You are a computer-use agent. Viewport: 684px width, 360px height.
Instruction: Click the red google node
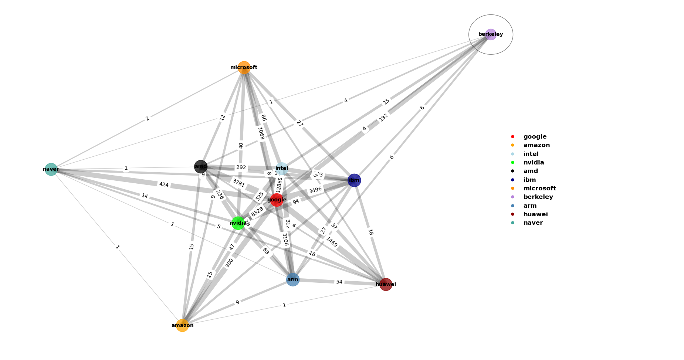pyautogui.click(x=277, y=200)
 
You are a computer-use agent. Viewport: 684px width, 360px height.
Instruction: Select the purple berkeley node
pyautogui.click(x=491, y=34)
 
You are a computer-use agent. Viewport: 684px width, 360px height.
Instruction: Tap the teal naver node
pyautogui.click(x=51, y=169)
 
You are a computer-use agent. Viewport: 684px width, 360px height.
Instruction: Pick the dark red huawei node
pyautogui.click(x=386, y=284)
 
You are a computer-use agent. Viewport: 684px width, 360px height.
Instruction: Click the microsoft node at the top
pyautogui.click(x=244, y=67)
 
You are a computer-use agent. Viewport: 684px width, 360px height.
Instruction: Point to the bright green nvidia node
pyautogui.click(x=238, y=223)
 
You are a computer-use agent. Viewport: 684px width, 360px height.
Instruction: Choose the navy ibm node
pyautogui.click(x=354, y=180)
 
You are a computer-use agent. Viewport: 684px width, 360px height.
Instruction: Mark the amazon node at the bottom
pyautogui.click(x=182, y=325)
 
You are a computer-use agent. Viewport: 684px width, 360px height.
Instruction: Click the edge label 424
pyautogui.click(x=164, y=184)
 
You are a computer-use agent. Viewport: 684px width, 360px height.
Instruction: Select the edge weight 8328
pyautogui.click(x=257, y=212)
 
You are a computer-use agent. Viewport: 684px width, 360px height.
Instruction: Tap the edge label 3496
pyautogui.click(x=315, y=190)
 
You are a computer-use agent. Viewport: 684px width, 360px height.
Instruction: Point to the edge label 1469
pyautogui.click(x=332, y=242)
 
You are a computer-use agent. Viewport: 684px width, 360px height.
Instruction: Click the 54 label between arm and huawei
pyautogui.click(x=339, y=282)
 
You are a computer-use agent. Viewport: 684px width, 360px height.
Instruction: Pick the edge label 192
pyautogui.click(x=384, y=117)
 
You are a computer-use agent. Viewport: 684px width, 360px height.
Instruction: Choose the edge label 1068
pyautogui.click(x=261, y=133)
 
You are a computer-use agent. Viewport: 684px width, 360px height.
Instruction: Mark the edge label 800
pyautogui.click(x=229, y=263)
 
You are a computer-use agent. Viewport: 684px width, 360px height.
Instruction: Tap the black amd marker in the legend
pyautogui.click(x=512, y=171)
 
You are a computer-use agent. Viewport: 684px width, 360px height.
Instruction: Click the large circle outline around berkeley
pyautogui.click(x=469, y=34)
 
